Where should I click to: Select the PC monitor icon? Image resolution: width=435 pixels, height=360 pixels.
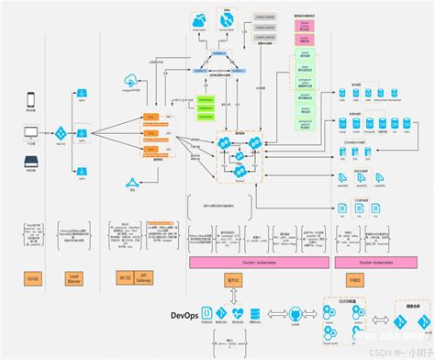click(x=30, y=131)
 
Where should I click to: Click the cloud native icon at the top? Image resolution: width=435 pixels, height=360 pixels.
click(x=197, y=20)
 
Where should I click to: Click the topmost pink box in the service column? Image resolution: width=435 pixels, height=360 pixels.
click(x=305, y=26)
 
